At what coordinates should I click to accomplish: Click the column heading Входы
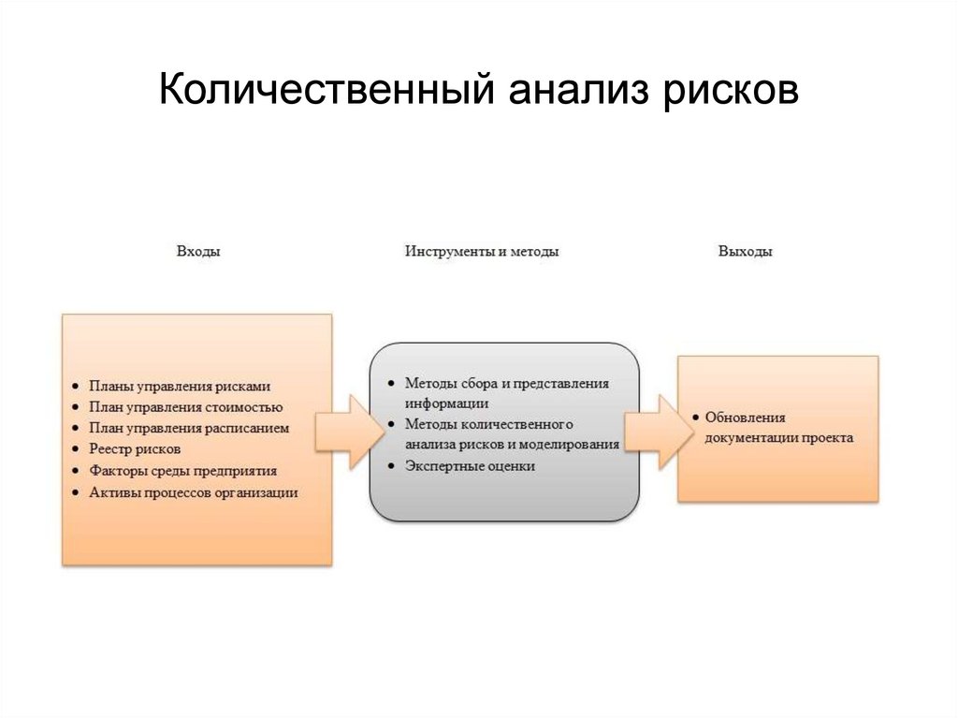pyautogui.click(x=198, y=252)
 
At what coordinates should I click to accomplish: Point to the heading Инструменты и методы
pyautogui.click(x=482, y=252)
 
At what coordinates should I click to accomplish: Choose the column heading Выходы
pyautogui.click(x=746, y=252)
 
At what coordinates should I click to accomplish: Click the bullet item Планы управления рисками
pyautogui.click(x=180, y=386)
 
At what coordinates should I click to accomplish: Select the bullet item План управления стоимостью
pyautogui.click(x=185, y=407)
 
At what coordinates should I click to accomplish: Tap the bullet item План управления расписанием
pyautogui.click(x=189, y=429)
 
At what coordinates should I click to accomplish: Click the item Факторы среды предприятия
pyautogui.click(x=182, y=471)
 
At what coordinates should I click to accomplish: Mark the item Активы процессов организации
pyautogui.click(x=194, y=492)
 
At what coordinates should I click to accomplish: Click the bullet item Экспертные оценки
pyautogui.click(x=470, y=466)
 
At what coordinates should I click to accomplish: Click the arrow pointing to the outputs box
pyautogui.click(x=653, y=432)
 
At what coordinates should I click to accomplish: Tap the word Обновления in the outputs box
pyautogui.click(x=746, y=418)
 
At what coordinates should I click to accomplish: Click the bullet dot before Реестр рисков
pyautogui.click(x=74, y=450)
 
